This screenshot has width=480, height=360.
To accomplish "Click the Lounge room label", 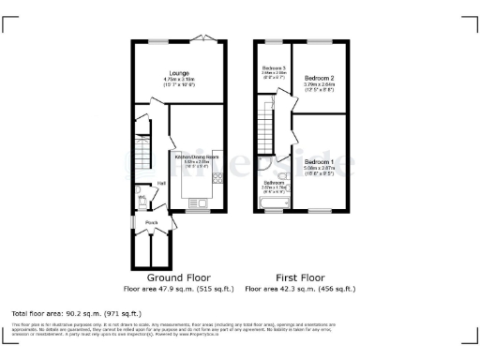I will click(178, 72).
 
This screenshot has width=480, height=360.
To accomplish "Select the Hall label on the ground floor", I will click(161, 183).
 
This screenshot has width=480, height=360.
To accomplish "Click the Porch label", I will click(151, 221).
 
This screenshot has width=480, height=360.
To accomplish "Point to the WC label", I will click(142, 198).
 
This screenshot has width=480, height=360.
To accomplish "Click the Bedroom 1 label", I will click(320, 162).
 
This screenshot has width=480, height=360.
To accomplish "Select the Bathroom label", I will click(274, 182).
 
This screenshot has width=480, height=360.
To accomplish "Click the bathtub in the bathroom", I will click(274, 203).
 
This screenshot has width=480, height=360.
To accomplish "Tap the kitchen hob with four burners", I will click(217, 178).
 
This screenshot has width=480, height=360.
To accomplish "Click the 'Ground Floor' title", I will click(178, 278).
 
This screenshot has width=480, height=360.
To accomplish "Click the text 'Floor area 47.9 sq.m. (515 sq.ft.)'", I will click(178, 290).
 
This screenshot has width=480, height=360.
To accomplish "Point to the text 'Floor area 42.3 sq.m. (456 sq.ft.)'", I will click(302, 290).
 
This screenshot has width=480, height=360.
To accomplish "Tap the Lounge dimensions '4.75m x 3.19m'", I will click(178, 80).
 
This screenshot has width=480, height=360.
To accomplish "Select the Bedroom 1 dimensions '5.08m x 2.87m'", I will click(320, 170).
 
